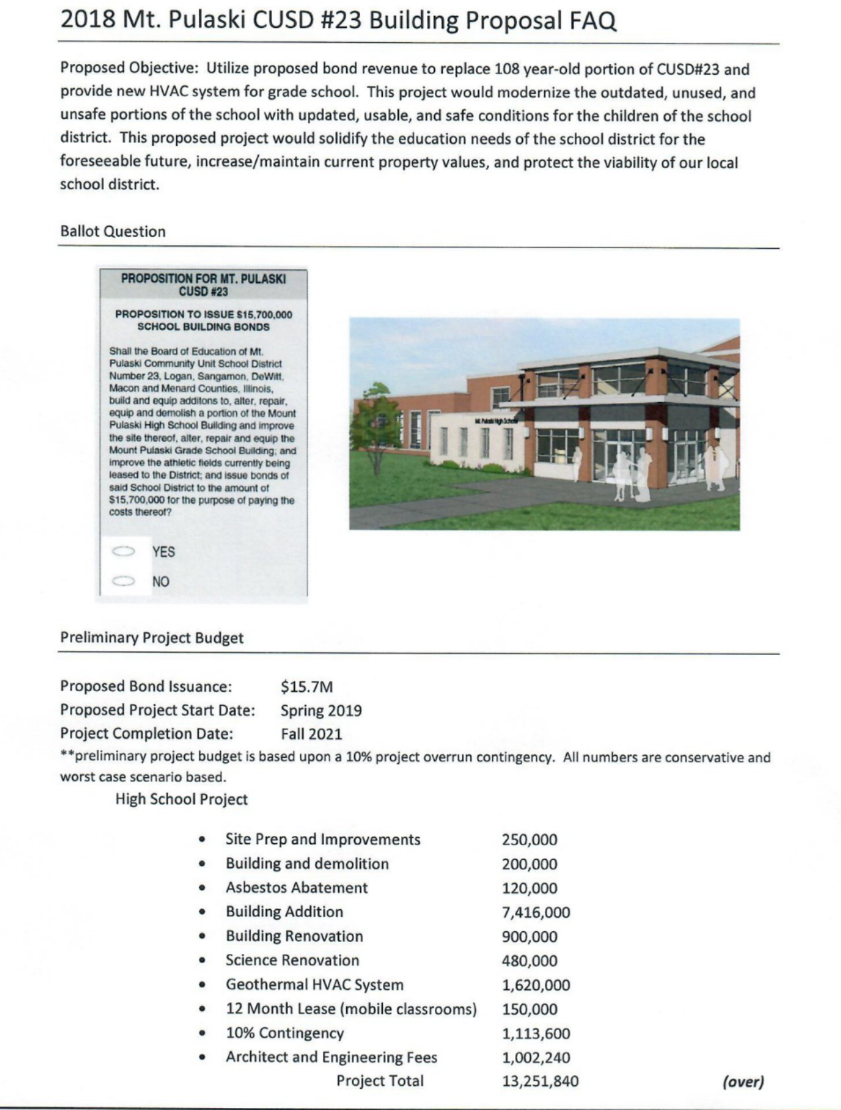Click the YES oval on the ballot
point(123,552)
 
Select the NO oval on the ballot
point(123,581)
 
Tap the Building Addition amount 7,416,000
point(536,912)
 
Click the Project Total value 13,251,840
point(540,1081)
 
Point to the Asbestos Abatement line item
point(296,887)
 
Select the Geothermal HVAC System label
point(314,985)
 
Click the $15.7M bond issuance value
point(307,686)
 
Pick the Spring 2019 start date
point(321,710)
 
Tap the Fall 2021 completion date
point(311,734)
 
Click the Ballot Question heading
point(113,231)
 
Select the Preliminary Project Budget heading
point(152,638)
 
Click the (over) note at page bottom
point(743,1081)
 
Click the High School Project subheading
point(181,799)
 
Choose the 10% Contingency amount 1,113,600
point(536,1033)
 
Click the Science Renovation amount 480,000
point(530,961)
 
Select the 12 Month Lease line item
point(351,1009)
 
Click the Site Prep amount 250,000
point(530,840)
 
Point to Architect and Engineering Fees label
point(331,1057)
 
